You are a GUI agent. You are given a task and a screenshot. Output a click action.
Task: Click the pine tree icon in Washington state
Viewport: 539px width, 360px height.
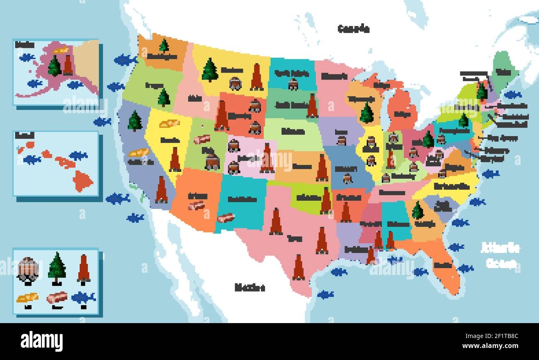164,46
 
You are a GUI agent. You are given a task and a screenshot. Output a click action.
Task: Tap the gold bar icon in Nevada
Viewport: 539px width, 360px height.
170,123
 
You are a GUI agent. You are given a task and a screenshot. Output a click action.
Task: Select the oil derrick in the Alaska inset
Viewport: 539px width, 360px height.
68,65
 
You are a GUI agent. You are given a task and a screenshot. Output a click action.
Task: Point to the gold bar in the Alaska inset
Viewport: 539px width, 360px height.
62,51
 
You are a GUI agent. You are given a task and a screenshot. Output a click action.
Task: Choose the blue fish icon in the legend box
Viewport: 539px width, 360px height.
83,297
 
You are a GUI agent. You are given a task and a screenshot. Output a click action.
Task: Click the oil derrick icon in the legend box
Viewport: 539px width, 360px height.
84,269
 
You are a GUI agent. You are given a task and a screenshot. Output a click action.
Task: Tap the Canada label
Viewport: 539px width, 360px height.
353,29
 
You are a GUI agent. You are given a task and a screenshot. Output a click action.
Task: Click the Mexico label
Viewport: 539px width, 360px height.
250,287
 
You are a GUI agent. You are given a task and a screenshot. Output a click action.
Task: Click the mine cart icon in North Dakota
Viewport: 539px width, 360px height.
293,84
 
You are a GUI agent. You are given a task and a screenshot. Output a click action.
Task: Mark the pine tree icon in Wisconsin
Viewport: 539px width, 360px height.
367,113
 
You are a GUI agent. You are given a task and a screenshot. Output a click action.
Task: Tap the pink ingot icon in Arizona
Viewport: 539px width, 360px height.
196,205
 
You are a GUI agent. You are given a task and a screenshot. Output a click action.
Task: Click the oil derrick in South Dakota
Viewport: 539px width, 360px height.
312,106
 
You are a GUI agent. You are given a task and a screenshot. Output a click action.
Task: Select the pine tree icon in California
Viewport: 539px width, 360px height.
135,121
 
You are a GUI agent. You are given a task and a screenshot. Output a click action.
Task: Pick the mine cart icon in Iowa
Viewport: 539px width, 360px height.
341,141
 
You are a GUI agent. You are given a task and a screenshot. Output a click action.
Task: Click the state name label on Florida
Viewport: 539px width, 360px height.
442,265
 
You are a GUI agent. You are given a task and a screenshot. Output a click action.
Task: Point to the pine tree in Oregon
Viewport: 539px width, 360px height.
164,98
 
